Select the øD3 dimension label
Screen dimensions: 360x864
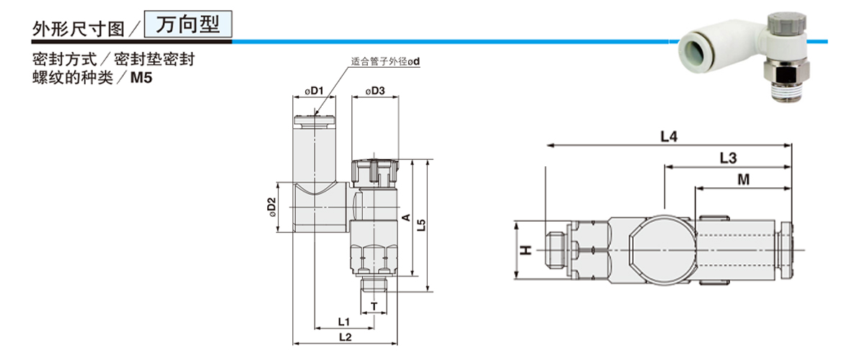[375, 91]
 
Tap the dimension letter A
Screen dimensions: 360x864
[405, 217]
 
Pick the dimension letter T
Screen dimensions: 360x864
[374, 307]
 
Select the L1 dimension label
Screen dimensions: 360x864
[343, 321]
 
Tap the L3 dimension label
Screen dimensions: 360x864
[728, 157]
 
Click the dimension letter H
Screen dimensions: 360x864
[526, 250]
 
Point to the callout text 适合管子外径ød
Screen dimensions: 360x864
[384, 61]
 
